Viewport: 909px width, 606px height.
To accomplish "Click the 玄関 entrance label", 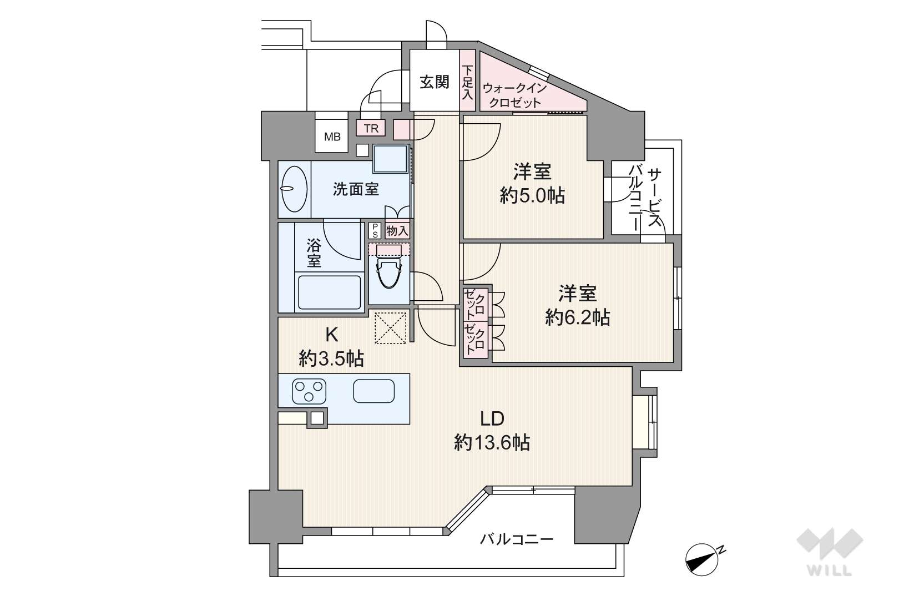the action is [434, 82].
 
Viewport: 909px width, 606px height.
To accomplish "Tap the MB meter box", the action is [332, 137].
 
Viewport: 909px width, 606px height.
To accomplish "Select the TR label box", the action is [371, 129].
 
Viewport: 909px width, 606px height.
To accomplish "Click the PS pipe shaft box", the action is [375, 230].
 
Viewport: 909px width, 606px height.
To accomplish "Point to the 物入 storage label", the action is [397, 231].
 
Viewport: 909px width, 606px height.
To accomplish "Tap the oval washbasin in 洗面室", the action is [294, 189].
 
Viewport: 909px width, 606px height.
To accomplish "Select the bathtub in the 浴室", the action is [330, 292].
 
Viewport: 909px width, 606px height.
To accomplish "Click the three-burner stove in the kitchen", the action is [309, 391].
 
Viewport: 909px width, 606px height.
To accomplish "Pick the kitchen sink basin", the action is [373, 391].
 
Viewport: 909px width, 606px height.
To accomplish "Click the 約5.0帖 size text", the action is [532, 196].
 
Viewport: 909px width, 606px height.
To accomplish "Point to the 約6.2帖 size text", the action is [578, 317].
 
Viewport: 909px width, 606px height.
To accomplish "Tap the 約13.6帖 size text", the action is [492, 442].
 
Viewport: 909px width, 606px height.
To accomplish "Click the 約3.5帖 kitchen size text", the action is [331, 358].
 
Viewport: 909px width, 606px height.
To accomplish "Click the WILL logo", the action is [830, 552].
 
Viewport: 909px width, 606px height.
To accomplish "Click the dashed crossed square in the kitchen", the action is [390, 327].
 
